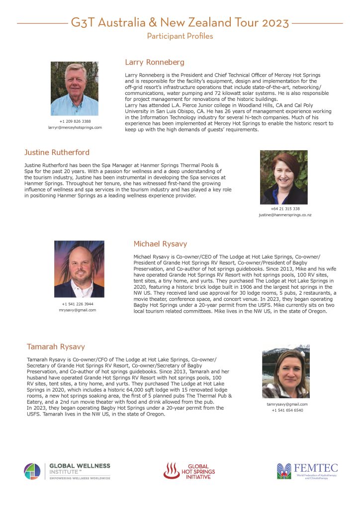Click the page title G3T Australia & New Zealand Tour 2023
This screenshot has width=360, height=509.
tap(180, 22)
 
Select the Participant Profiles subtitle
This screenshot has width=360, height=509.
tap(180, 36)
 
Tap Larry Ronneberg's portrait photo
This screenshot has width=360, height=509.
tap(75, 88)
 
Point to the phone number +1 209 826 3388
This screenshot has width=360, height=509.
tap(75, 121)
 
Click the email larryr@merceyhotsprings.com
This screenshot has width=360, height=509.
tap(75, 128)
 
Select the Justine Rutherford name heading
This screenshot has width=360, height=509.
tap(57, 152)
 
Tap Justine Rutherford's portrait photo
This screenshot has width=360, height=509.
tap(284, 177)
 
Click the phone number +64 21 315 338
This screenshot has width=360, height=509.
tap(285, 209)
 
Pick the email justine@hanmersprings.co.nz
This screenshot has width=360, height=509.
tap(285, 215)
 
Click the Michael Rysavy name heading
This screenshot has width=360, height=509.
tap(160, 244)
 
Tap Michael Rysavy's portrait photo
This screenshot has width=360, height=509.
tap(79, 269)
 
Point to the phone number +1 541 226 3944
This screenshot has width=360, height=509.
tap(78, 304)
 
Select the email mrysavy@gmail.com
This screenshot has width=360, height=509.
tap(78, 310)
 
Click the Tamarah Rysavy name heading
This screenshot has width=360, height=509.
tap(56, 346)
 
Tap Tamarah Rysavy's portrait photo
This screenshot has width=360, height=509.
tap(285, 371)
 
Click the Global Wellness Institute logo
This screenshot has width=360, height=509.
tap(67, 471)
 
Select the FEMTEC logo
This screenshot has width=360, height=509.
tap(307, 470)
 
